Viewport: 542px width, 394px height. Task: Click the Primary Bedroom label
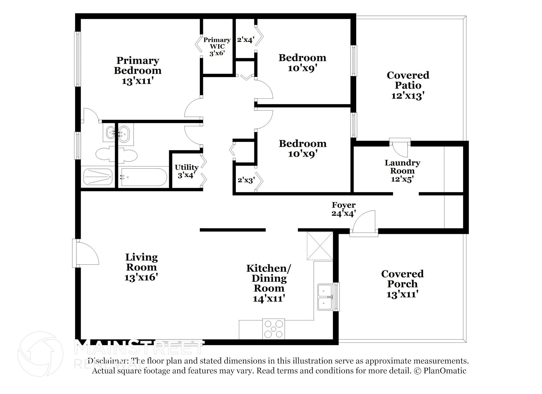pos(138,71)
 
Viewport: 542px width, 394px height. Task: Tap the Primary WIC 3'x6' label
pos(217,47)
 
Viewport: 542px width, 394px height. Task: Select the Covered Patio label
pos(408,85)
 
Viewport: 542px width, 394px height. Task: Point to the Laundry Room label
pos(402,171)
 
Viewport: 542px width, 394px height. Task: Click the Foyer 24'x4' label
pos(344,209)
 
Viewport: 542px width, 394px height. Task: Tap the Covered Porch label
pos(402,284)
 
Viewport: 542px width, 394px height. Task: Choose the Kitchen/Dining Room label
pos(269,283)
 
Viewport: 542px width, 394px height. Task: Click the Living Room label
pos(141,267)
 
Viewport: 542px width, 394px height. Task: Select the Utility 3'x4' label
pos(187,171)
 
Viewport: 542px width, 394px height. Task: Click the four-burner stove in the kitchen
pos(273,329)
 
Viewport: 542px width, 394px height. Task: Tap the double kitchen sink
pos(325,297)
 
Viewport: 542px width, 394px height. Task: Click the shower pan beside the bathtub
pos(98,177)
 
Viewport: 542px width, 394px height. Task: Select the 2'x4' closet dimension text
pos(246,40)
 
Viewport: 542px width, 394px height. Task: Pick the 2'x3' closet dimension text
pos(246,180)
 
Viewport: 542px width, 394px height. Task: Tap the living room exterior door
pos(85,253)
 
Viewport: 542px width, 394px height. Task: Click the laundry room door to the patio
pos(400,148)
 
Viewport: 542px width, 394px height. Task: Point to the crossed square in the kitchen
pos(320,246)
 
